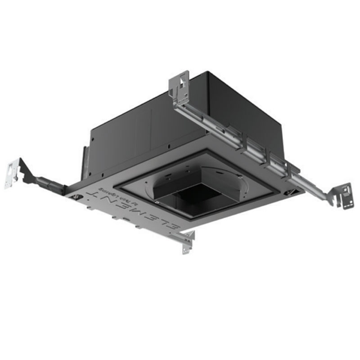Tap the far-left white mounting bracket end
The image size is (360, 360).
click(13, 173)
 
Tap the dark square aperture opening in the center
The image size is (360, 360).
click(198, 198)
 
